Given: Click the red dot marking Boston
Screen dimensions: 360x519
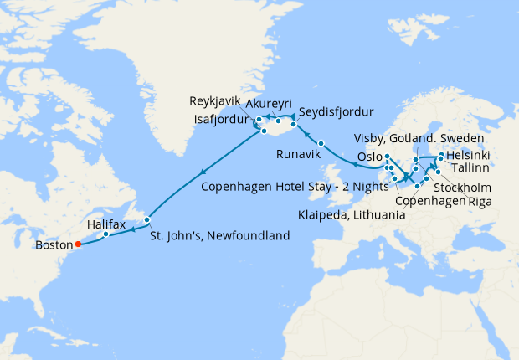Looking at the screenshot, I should (77, 245).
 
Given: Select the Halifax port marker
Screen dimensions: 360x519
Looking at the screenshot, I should (106, 234).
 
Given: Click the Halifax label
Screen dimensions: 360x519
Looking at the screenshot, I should (105, 224).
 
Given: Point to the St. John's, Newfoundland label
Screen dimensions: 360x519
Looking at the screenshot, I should (219, 236).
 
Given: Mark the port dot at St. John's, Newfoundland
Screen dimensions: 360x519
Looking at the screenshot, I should (146, 220).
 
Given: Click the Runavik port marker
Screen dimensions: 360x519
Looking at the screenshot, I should (321, 143).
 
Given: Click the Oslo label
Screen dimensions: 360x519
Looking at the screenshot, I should (369, 157).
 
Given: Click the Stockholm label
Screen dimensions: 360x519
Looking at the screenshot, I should (462, 187).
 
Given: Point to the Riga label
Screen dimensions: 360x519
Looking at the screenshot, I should (480, 202).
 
